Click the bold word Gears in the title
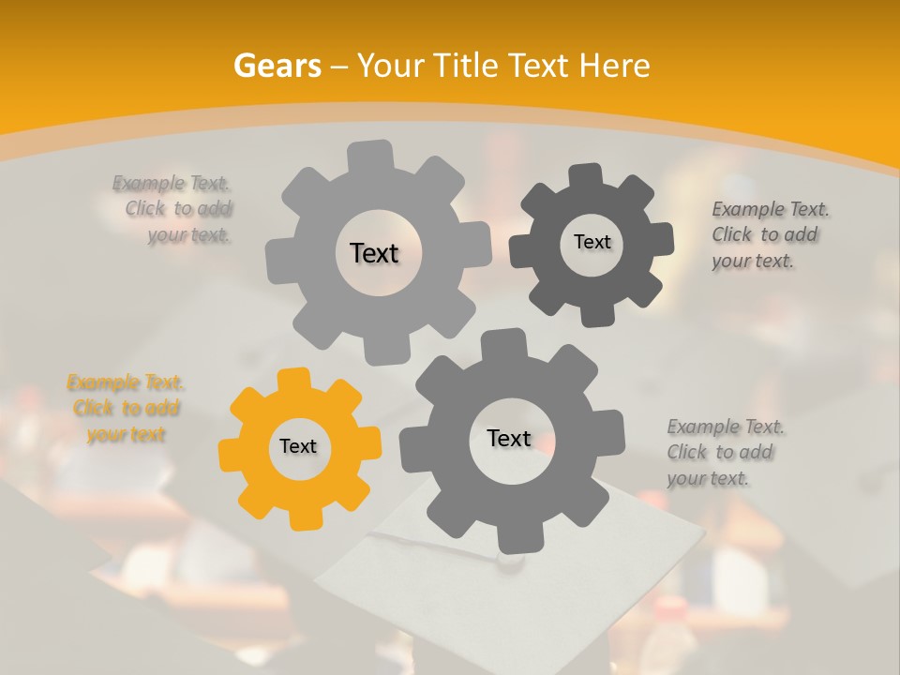coord(277,66)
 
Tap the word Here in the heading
coord(615,66)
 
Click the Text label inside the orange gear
coord(298,447)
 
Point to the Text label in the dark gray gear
coord(592,242)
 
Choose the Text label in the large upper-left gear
coord(374,253)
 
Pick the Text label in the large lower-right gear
coord(508,438)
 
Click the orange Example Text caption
coord(126,409)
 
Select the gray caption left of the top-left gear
coord(178,209)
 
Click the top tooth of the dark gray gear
coord(586,174)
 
